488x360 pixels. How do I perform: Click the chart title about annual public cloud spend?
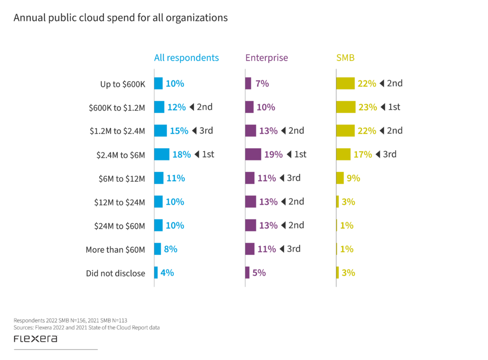(120, 18)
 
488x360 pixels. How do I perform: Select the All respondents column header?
(186, 58)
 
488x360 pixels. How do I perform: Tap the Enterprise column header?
(266, 58)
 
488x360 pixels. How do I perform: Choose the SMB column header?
(345, 58)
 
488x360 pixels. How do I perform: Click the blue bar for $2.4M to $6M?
(162, 154)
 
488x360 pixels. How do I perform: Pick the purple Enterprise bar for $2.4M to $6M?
(254, 154)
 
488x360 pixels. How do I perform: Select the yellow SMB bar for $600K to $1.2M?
(346, 107)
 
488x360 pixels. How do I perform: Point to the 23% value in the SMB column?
(367, 107)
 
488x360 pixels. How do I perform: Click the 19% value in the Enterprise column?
(273, 154)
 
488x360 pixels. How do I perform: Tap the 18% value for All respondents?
(181, 154)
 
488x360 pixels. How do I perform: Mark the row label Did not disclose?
(115, 273)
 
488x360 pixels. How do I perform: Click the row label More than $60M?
(115, 250)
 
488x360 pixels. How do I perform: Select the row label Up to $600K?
(122, 84)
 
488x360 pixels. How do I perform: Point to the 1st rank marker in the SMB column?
(390, 107)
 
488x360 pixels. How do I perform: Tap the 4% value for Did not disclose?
(167, 273)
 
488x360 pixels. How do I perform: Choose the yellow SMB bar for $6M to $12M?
(340, 178)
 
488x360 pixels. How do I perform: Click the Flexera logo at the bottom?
(36, 339)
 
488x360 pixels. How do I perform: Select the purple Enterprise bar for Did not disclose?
(247, 273)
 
